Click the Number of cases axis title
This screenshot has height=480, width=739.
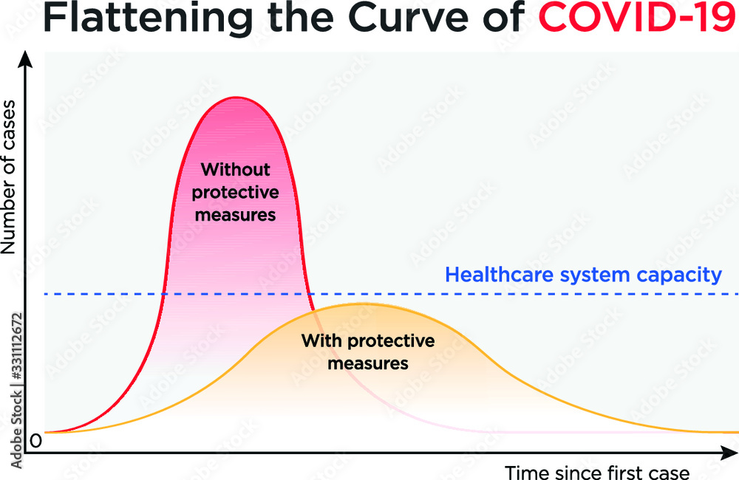pos(10,188)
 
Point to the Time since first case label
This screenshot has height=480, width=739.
pos(597,472)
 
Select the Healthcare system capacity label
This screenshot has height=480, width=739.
pos(584,275)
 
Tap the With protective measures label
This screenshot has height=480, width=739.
pos(368,352)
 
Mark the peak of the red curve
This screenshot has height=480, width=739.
pos(236,97)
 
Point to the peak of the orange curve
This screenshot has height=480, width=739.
pos(358,304)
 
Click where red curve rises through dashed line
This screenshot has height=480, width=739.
pos(163,294)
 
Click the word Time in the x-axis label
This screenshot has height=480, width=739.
pos(524,472)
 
